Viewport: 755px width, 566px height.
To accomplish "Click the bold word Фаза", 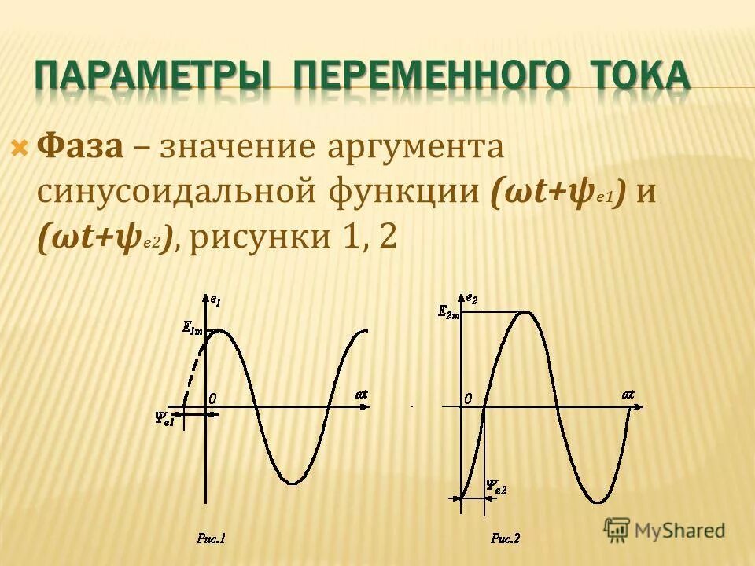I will pyautogui.click(x=81, y=147).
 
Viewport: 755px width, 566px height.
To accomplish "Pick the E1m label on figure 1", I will pyautogui.click(x=192, y=330).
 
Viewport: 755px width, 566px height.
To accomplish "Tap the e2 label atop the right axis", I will pyautogui.click(x=471, y=298).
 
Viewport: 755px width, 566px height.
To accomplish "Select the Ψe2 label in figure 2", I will pyautogui.click(x=496, y=487).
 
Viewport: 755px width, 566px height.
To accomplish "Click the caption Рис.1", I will pyautogui.click(x=211, y=538).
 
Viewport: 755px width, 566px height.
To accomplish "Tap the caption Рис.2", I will pyautogui.click(x=506, y=538).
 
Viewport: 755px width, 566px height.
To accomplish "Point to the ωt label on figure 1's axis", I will pyautogui.click(x=361, y=393).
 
